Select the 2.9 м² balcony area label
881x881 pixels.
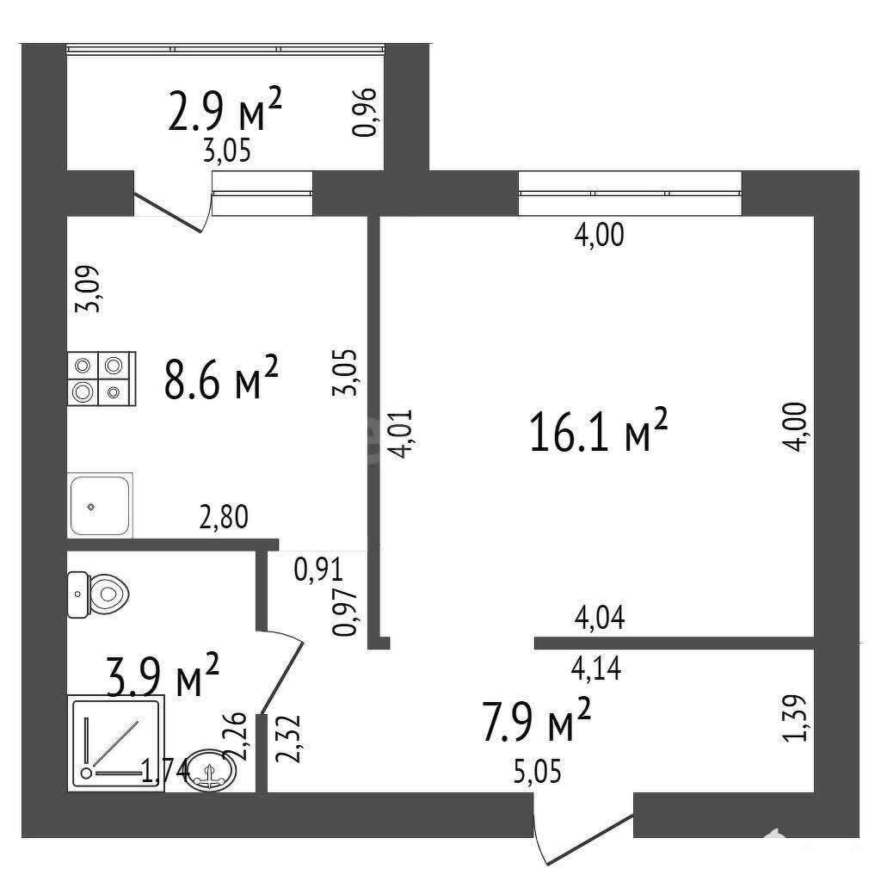click(225, 109)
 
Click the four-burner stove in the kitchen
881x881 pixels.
click(102, 379)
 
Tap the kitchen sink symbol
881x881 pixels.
click(100, 505)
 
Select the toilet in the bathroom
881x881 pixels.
click(98, 595)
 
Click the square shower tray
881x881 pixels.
click(116, 742)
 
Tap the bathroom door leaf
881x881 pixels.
click(282, 677)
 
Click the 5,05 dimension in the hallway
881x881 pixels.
click(538, 771)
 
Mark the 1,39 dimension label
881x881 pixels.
click(795, 718)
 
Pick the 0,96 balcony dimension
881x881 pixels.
click(364, 113)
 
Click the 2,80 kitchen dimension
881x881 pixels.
click(224, 517)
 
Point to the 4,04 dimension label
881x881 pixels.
click(600, 618)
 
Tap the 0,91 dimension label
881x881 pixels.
click(318, 570)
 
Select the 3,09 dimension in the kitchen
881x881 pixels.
click(88, 288)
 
